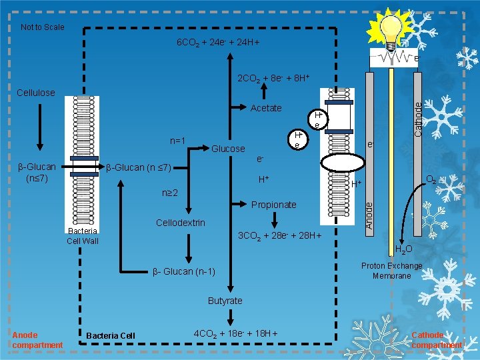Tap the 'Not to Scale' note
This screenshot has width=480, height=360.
43,27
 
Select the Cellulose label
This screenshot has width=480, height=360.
36,93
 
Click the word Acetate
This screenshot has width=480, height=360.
266,108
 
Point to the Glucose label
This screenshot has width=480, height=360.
228,149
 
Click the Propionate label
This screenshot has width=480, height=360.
273,205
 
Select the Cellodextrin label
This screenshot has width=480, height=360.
180,222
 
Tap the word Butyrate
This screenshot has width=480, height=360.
225,301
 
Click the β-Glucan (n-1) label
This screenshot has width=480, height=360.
184,271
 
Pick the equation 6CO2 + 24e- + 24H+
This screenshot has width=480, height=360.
217,43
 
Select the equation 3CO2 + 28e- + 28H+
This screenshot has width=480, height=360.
280,235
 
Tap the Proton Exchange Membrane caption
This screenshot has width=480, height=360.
392,271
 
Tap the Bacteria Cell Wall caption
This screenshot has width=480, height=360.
82,235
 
